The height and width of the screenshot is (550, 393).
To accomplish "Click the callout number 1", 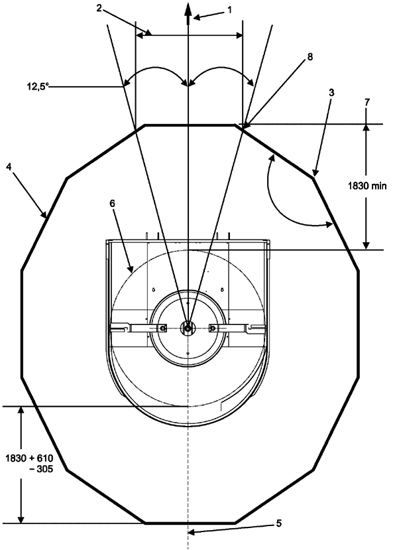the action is pyautogui.click(x=230, y=10).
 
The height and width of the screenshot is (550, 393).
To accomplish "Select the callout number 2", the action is pyautogui.click(x=99, y=8).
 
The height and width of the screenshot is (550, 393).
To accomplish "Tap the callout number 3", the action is pyautogui.click(x=331, y=93).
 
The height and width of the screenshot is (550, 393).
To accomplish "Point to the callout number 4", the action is pyautogui.click(x=9, y=167).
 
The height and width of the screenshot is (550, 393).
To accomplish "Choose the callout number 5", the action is pyautogui.click(x=279, y=523).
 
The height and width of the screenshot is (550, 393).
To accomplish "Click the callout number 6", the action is pyautogui.click(x=112, y=204).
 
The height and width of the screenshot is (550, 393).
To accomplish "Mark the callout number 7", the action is pyautogui.click(x=366, y=102).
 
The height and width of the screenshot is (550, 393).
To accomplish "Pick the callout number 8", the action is pyautogui.click(x=310, y=57).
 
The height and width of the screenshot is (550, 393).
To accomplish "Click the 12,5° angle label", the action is pyautogui.click(x=38, y=86).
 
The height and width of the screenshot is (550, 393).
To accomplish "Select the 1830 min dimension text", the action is pyautogui.click(x=367, y=186).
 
